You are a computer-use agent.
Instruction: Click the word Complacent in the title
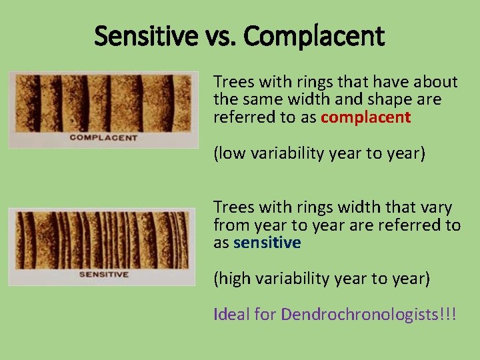(x=314, y=36)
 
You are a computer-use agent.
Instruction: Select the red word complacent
(x=365, y=118)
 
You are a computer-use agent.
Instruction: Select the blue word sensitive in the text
(x=267, y=243)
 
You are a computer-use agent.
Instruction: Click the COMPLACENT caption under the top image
(x=103, y=138)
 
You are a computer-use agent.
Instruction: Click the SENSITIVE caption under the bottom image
(x=103, y=274)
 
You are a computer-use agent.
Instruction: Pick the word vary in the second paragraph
(x=437, y=207)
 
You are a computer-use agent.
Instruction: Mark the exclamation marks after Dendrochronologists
(x=447, y=314)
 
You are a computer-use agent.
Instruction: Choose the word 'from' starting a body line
(x=229, y=225)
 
